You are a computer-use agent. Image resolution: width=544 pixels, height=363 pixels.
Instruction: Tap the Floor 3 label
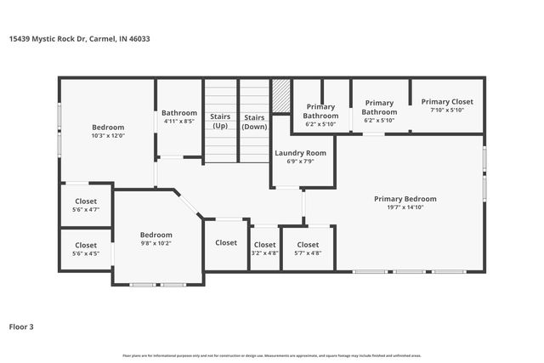click(21, 326)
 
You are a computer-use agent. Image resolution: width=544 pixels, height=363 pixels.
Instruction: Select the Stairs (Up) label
click(220, 122)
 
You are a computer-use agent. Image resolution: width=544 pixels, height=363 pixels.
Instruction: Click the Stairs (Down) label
click(254, 122)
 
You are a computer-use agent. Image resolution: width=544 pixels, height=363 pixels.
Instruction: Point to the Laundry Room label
click(300, 153)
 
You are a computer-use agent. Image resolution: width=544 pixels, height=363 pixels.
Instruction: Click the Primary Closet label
click(447, 101)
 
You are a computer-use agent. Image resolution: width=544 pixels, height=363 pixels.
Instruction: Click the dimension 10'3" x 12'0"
click(108, 135)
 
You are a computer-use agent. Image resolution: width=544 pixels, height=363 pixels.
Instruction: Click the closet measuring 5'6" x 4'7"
click(85, 205)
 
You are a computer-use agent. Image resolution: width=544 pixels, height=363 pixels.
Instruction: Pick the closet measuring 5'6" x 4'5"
click(85, 249)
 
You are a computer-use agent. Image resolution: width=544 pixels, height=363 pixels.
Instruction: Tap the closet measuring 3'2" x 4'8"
click(264, 248)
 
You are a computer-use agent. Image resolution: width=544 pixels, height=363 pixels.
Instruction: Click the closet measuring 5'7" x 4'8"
click(308, 248)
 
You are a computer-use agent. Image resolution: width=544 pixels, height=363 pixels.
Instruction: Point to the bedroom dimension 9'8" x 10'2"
click(156, 243)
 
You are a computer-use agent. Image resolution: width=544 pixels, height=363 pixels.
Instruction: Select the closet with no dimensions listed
click(226, 243)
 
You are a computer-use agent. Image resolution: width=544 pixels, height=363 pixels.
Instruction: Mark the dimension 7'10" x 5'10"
click(447, 110)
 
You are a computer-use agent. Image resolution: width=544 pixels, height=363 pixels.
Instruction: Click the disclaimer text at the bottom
click(272, 355)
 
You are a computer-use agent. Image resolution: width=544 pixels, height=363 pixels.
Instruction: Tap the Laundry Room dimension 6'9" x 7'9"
click(300, 162)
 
